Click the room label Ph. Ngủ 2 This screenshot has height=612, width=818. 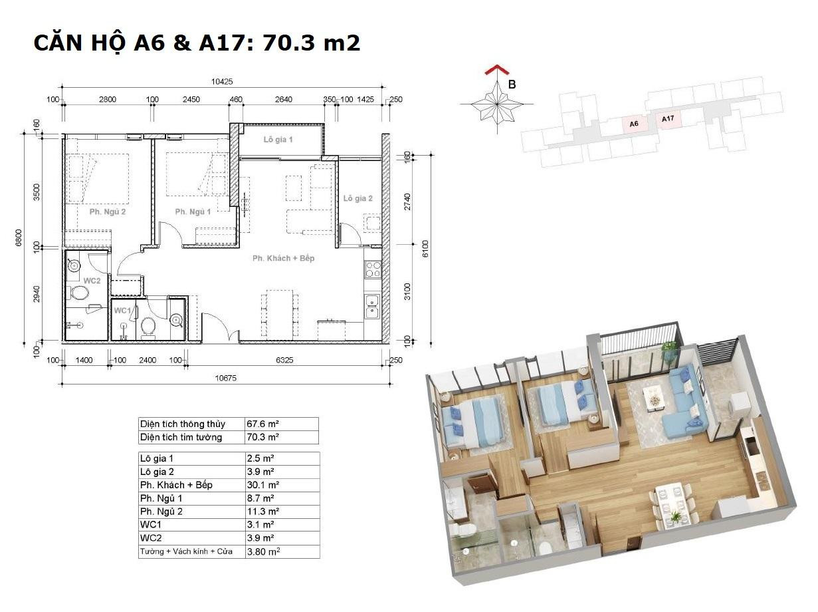108,212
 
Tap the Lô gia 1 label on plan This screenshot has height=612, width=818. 278,140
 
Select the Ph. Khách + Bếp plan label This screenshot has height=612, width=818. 283,258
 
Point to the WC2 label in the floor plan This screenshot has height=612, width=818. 92,281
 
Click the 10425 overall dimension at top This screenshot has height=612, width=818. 222,81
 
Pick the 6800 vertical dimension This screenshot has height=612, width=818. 19,237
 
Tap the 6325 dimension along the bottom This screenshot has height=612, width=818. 284,360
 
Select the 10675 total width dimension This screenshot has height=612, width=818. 225,378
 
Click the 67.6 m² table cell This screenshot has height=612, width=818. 262,424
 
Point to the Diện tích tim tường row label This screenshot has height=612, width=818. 181,437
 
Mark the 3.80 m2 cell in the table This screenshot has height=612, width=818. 263,551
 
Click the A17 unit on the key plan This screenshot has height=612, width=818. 668,118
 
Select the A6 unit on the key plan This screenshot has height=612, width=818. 634,124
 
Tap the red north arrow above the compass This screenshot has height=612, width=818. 497,70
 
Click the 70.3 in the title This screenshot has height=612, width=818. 284,43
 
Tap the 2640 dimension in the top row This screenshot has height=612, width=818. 284,99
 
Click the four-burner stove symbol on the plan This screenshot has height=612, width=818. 373,269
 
